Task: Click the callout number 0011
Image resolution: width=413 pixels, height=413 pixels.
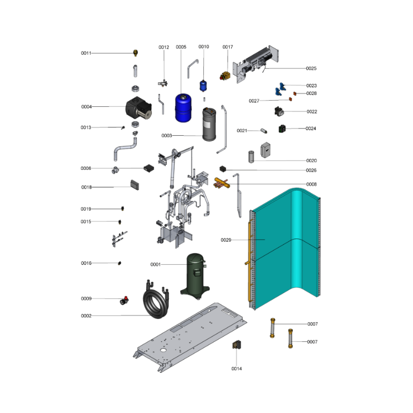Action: click(x=86, y=53)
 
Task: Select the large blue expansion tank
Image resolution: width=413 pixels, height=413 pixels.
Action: click(x=183, y=108)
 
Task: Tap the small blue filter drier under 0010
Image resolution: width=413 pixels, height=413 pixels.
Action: click(x=203, y=86)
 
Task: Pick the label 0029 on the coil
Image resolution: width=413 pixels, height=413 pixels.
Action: click(x=226, y=240)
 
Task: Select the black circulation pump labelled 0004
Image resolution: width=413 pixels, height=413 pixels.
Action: click(x=138, y=108)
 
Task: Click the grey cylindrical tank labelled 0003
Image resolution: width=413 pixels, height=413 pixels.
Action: click(x=209, y=124)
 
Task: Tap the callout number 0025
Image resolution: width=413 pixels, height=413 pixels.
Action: click(x=311, y=69)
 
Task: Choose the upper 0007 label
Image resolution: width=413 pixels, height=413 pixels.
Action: click(x=313, y=324)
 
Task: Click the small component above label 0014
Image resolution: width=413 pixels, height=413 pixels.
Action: click(x=236, y=345)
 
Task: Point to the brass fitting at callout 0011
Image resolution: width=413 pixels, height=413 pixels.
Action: click(x=136, y=53)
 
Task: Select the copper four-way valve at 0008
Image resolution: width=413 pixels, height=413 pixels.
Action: click(x=221, y=183)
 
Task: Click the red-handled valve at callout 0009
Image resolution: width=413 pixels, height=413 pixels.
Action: click(x=124, y=300)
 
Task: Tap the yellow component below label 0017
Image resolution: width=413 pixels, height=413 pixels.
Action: click(x=225, y=76)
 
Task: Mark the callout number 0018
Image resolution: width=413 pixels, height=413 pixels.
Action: click(x=86, y=187)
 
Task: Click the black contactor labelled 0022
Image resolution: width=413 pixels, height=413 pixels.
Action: click(x=279, y=112)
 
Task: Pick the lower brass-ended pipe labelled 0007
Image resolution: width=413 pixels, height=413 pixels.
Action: click(x=290, y=339)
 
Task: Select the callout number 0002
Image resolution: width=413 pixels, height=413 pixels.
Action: click(x=86, y=316)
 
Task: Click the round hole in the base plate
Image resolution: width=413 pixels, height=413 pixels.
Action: click(x=163, y=351)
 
